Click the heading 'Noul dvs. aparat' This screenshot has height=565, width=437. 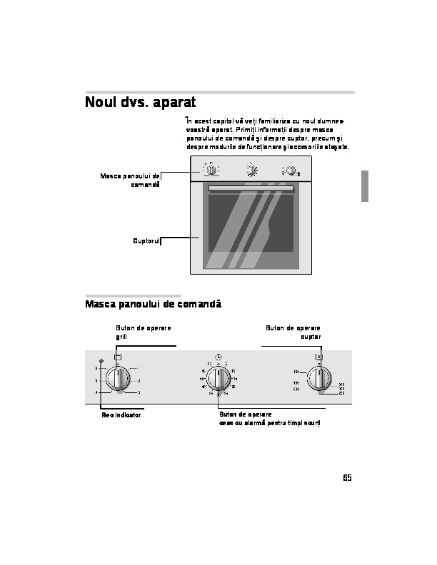(x=140, y=103)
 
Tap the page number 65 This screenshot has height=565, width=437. (x=347, y=478)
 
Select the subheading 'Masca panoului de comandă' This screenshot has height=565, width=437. (x=153, y=305)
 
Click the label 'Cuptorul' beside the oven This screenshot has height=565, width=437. (x=146, y=241)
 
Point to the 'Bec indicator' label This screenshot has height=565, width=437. (x=121, y=415)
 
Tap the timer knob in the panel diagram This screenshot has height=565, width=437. (x=218, y=380)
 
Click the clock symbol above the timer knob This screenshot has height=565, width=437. (x=218, y=357)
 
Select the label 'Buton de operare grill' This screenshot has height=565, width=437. (x=143, y=332)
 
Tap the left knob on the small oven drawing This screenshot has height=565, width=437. (x=211, y=170)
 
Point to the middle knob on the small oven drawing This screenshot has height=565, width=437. (x=251, y=170)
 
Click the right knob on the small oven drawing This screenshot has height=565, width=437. (x=291, y=170)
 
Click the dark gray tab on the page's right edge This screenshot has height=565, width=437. (x=364, y=186)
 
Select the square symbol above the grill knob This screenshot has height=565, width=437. (x=118, y=357)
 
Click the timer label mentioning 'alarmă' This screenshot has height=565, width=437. (x=270, y=423)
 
